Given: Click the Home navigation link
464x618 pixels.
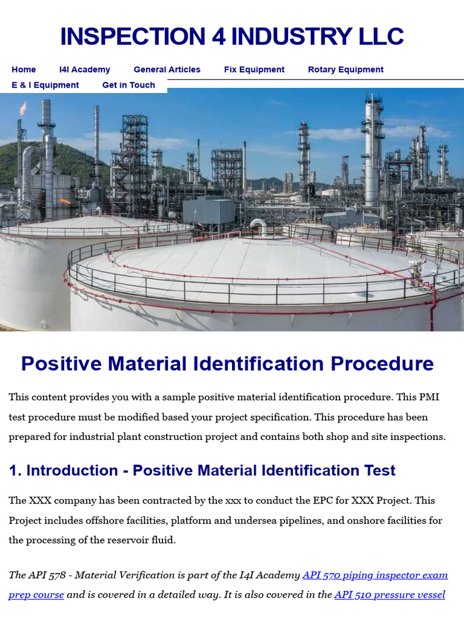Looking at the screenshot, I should pos(24,69).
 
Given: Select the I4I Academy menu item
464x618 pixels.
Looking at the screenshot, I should pos(85,69).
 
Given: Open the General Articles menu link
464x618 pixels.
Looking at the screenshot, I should pos(167,69).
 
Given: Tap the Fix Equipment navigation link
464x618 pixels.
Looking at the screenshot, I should pos(254,69).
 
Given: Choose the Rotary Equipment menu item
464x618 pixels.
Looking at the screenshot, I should pos(346,69).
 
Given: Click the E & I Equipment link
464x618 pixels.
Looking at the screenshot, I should pos(45,85).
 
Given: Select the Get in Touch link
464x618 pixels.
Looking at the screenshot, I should pos(129,85).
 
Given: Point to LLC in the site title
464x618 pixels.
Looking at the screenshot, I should pos(379,37).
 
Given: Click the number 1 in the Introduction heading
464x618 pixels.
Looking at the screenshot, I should pos(14,471).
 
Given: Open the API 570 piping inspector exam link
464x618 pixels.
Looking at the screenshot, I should pos(375,575).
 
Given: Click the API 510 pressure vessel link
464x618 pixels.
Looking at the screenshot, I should pos(390,594).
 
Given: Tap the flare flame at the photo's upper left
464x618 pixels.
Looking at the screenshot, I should pos(23,108).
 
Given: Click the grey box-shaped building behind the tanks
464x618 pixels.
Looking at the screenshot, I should pos(208,211).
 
